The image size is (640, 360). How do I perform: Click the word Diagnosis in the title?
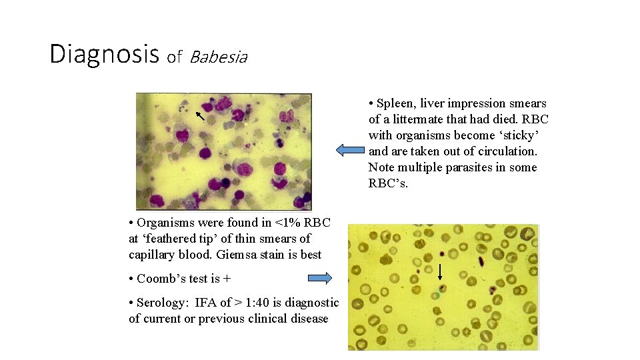103,54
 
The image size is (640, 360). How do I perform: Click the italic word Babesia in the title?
218,57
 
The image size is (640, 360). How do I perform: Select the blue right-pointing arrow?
319,278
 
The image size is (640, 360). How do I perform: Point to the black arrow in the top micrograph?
199,118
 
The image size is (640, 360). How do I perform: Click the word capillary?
151,255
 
